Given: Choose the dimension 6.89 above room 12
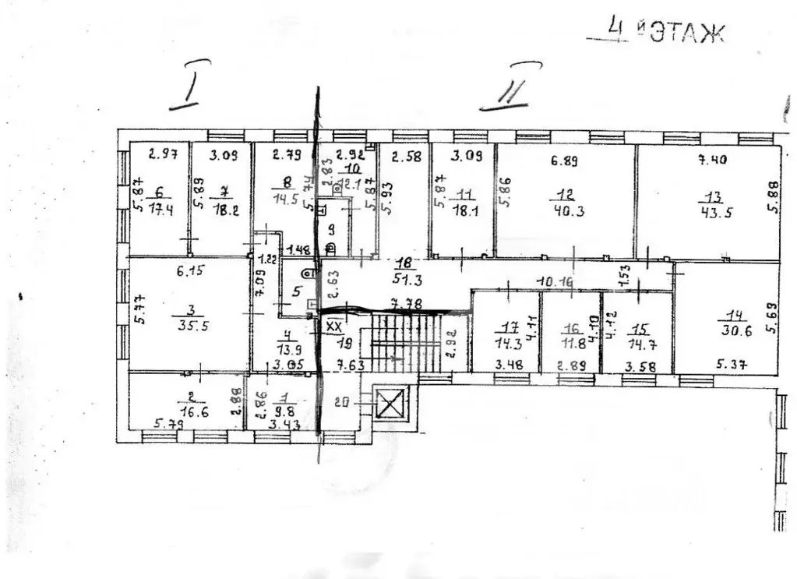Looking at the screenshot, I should click(566, 162).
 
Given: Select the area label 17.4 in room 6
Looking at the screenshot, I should click(163, 209).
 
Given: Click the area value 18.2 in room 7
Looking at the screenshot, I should click(222, 209).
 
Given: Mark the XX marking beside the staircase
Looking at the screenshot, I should click(335, 326).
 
